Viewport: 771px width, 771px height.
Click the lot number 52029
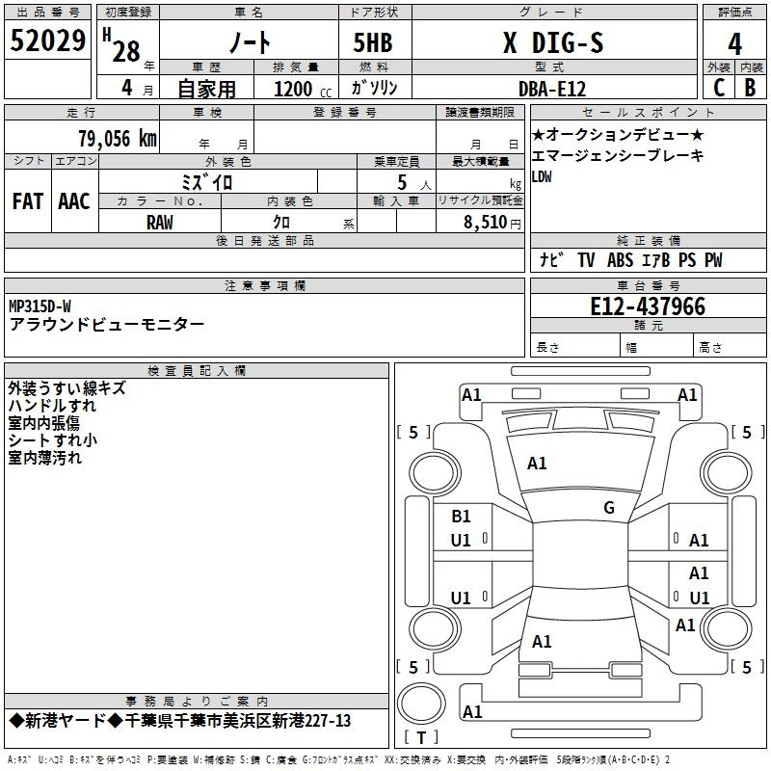coord(47,40)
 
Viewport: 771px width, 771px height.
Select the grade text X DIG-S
coord(553,42)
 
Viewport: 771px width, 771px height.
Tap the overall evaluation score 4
coord(734,44)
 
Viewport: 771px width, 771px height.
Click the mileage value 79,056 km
coord(118,139)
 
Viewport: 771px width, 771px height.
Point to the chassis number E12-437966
coord(648,306)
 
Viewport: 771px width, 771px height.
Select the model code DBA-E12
coord(552,89)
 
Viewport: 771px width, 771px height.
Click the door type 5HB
coord(373,42)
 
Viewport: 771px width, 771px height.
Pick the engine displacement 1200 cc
coord(303,89)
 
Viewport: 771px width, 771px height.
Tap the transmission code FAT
coord(28,201)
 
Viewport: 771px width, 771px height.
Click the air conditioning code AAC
coord(74,201)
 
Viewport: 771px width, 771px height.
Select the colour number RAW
coord(160,223)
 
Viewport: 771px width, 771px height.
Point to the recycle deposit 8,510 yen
coord(492,223)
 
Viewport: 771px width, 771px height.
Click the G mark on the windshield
coord(609,508)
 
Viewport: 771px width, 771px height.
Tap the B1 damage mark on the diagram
coord(461,517)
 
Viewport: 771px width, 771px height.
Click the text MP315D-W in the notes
coord(40,306)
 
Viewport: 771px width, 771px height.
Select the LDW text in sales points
coord(542,177)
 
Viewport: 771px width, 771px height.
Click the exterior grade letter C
coord(719,88)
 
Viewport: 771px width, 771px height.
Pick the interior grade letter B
coord(750,88)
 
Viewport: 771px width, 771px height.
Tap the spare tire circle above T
coord(421,703)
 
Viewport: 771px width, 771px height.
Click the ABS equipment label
coord(620,260)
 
